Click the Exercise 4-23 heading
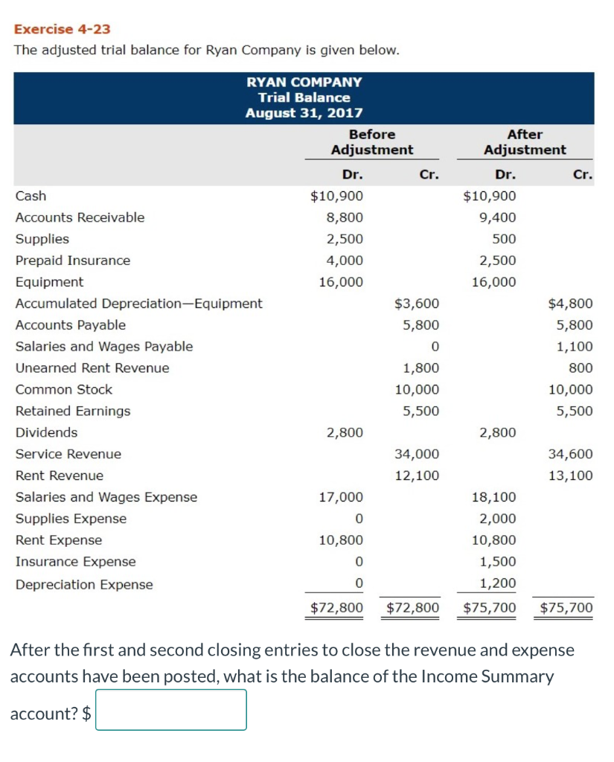click(63, 29)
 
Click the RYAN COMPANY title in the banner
click(304, 82)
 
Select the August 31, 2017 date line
click(304, 113)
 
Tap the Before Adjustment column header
click(371, 142)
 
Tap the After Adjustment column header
click(524, 142)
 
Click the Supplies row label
click(42, 239)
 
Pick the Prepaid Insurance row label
click(73, 260)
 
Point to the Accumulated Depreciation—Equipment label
click(138, 304)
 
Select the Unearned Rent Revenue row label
click(92, 368)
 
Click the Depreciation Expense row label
click(84, 585)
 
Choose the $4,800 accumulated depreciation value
click(570, 304)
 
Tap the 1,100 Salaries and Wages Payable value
click(575, 347)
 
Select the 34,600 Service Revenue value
click(570, 454)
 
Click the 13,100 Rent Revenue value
click(570, 476)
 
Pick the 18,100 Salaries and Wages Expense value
click(493, 497)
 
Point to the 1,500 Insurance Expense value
click(497, 562)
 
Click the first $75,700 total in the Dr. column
click(489, 608)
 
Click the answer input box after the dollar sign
click(171, 710)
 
